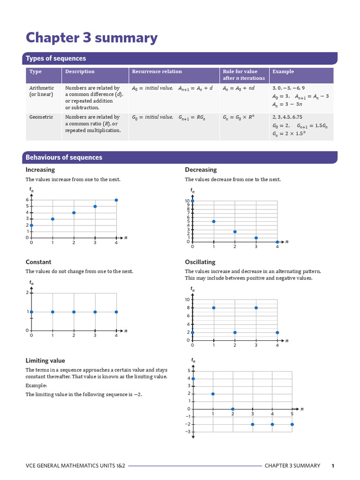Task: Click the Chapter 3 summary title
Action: point(91,37)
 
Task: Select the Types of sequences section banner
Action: point(56,59)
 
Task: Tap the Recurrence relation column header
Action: point(157,72)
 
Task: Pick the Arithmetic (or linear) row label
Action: point(42,91)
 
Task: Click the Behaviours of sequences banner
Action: point(64,157)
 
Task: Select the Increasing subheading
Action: point(40,170)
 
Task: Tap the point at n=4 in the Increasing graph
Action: point(116,200)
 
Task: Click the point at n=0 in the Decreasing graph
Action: point(192,201)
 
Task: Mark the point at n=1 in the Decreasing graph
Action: point(214,221)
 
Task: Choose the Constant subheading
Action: point(38,262)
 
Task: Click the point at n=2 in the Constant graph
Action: point(74,312)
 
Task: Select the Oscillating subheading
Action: point(200,262)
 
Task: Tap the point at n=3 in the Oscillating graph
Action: point(256,308)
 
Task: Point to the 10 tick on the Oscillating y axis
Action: point(187,300)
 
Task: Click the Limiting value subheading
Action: point(45,360)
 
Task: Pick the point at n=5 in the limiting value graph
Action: point(292,424)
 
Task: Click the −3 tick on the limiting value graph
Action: point(187,432)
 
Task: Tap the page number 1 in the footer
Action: point(333,465)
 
